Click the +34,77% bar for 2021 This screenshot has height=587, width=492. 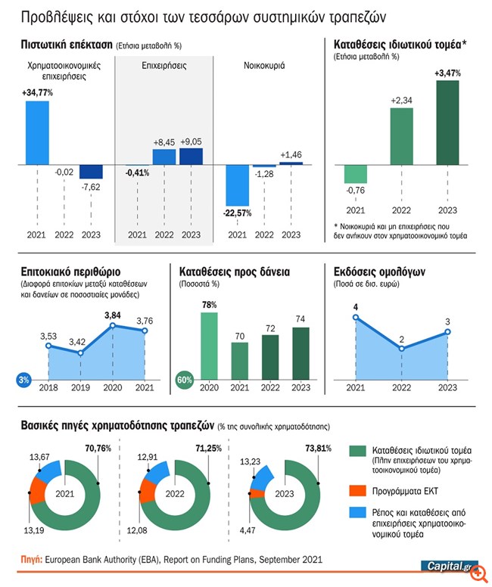point(37,132)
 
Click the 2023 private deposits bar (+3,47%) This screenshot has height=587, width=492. point(448,121)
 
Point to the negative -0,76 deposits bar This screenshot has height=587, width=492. point(355,173)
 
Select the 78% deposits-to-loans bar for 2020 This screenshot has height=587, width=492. point(210,341)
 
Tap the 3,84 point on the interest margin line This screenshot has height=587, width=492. point(112,325)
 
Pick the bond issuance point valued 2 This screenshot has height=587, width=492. point(401,349)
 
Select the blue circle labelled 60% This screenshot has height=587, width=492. point(183,378)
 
